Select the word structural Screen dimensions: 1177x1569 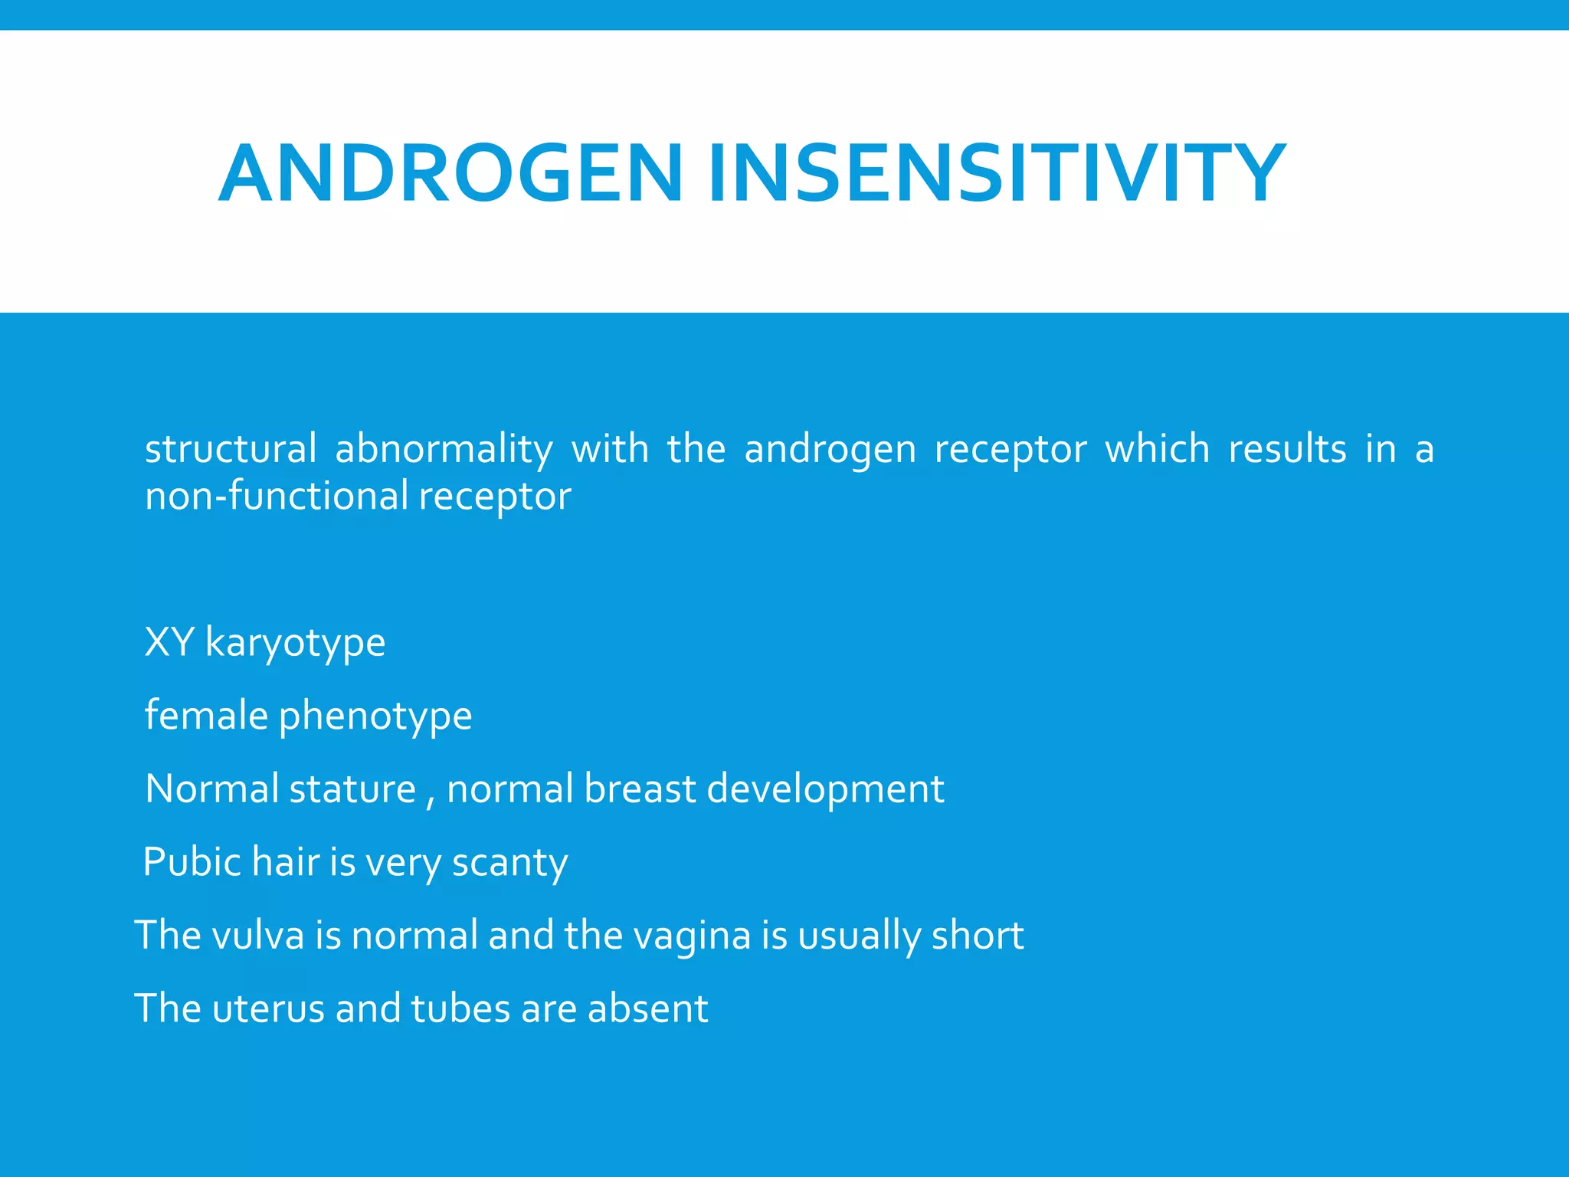tap(231, 449)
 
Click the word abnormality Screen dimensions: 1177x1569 tap(444, 449)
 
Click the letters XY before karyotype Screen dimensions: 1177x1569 tap(169, 642)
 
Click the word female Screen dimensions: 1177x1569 tap(206, 715)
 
